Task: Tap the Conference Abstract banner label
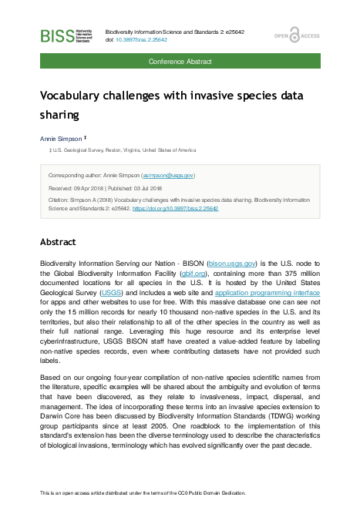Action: point(180,59)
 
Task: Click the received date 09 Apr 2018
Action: point(92,187)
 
